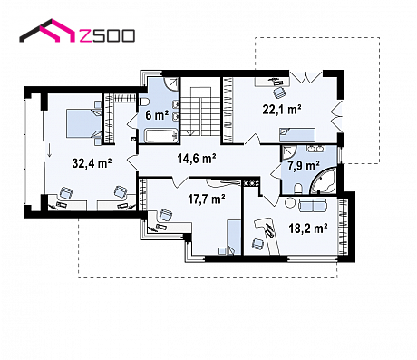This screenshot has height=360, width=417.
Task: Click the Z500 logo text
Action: click(107, 35)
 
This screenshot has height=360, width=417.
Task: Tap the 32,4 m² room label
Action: click(92, 163)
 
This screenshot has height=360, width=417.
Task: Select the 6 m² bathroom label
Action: click(157, 115)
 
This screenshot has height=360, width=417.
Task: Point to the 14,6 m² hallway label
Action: click(197, 159)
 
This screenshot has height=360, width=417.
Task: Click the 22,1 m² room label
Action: click(282, 109)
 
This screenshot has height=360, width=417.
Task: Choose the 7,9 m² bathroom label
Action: click(304, 166)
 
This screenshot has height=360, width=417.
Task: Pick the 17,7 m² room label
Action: click(207, 199)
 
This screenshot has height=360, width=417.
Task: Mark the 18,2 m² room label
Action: click(308, 229)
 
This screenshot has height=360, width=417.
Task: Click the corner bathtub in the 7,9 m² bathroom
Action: click(324, 181)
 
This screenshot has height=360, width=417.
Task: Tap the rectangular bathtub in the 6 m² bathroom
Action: click(160, 135)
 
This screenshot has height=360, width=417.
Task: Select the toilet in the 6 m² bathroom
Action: click(143, 102)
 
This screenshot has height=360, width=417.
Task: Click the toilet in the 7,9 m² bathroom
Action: click(297, 189)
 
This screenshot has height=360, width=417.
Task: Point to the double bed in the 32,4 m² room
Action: click(84, 123)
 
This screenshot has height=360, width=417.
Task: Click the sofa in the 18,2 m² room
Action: click(312, 206)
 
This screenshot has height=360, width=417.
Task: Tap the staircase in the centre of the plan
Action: click(201, 112)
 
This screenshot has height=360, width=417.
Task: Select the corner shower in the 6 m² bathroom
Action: click(171, 83)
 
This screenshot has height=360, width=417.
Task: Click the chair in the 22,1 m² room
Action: click(279, 92)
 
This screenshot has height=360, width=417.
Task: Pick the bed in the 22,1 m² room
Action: click(297, 134)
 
